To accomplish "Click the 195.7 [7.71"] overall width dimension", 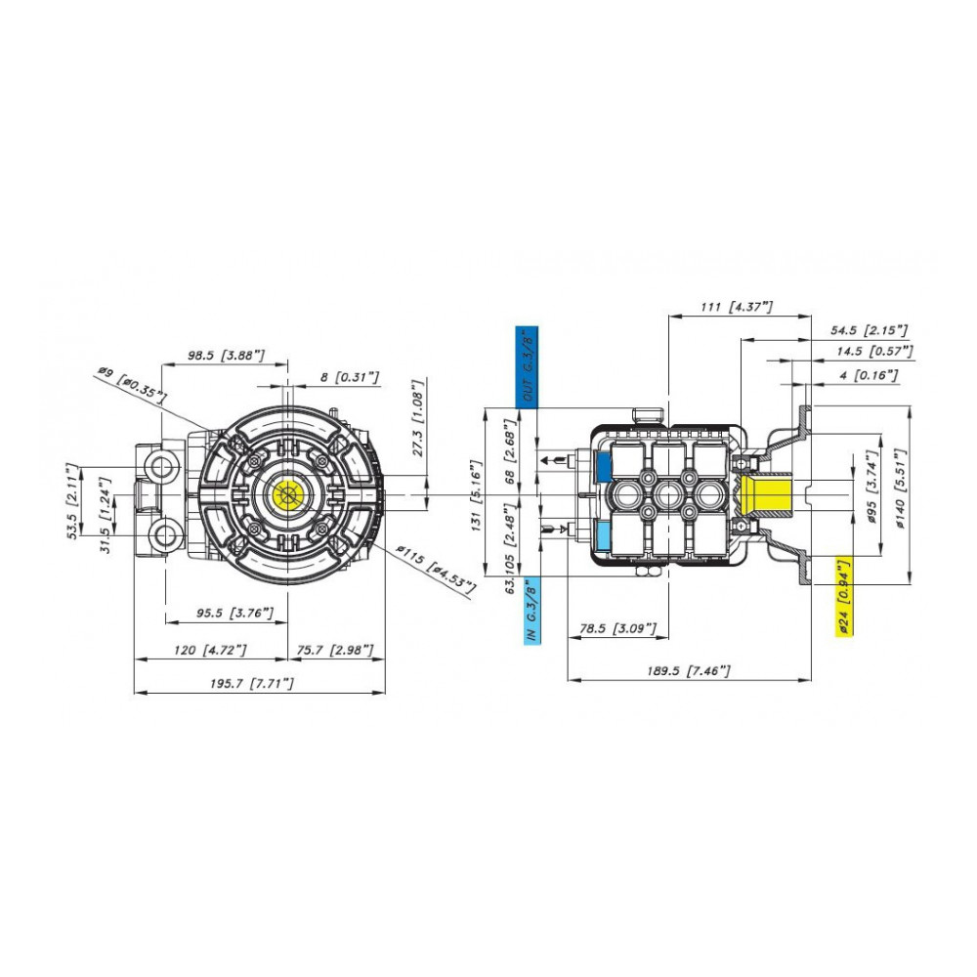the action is tap(252, 684).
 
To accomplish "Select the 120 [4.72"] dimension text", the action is tap(210, 651).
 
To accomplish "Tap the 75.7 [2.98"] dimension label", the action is tap(335, 651).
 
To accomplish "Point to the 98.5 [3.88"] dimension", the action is tap(227, 356).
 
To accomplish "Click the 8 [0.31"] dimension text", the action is tap(350, 377).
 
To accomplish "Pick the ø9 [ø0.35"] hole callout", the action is tap(132, 384).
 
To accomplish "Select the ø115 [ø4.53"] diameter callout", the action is tap(437, 569).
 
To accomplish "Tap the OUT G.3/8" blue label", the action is tap(527, 367).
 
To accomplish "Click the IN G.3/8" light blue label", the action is tap(531, 611).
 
